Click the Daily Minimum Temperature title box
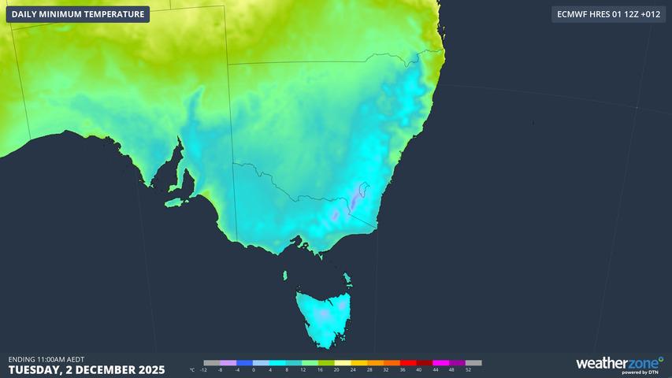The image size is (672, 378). coord(78,14)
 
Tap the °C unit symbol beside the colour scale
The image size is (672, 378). coord(193,369)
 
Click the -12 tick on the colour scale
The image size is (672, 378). coord(204,369)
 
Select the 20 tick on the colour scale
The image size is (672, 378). coord(336,369)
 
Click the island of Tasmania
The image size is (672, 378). coord(321,319)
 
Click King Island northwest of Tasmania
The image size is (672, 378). coord(284,275)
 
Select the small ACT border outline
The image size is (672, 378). coord(362,191)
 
